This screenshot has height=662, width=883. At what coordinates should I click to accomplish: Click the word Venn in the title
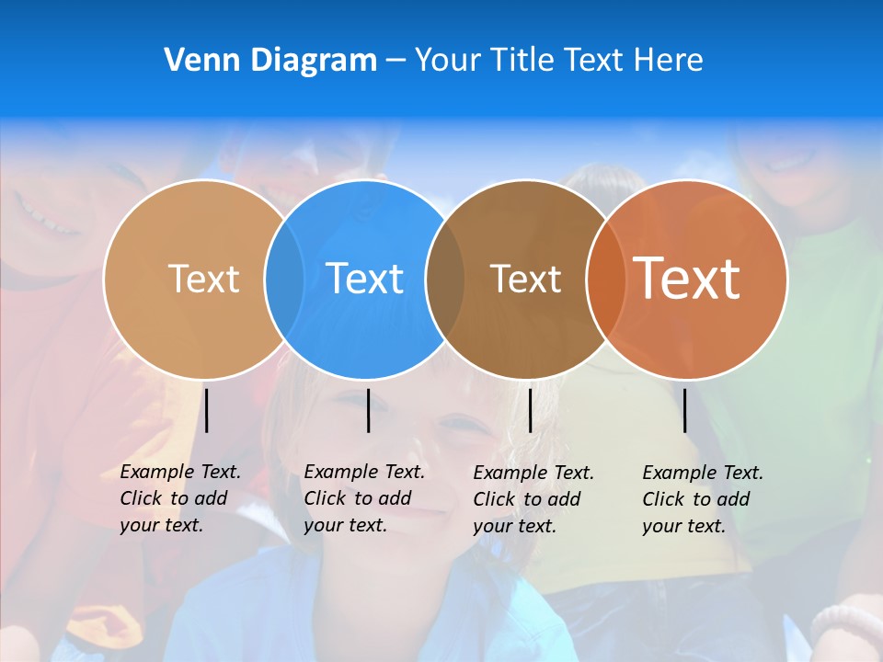coord(194,60)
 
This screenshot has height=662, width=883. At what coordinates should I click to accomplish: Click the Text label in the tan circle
coord(203,279)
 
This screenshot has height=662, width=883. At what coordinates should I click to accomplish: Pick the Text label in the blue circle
coord(364,279)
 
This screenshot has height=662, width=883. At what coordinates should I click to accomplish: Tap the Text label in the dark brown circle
coord(525,279)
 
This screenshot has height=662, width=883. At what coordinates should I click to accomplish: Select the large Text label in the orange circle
coord(686,279)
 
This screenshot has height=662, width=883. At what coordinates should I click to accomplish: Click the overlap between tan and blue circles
coord(284,279)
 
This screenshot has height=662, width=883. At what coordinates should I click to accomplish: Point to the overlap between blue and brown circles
coord(445,279)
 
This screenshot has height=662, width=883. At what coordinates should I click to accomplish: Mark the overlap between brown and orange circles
coord(605,279)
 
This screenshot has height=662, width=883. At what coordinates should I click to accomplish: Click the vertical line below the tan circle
coord(207,410)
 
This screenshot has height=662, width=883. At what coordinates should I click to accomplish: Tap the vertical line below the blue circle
coord(368,410)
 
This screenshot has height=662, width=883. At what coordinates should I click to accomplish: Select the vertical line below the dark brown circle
coord(530,410)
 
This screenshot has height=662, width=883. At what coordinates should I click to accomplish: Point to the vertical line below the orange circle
coord(684,410)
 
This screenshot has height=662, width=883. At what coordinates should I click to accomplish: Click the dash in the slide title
coord(395,61)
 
